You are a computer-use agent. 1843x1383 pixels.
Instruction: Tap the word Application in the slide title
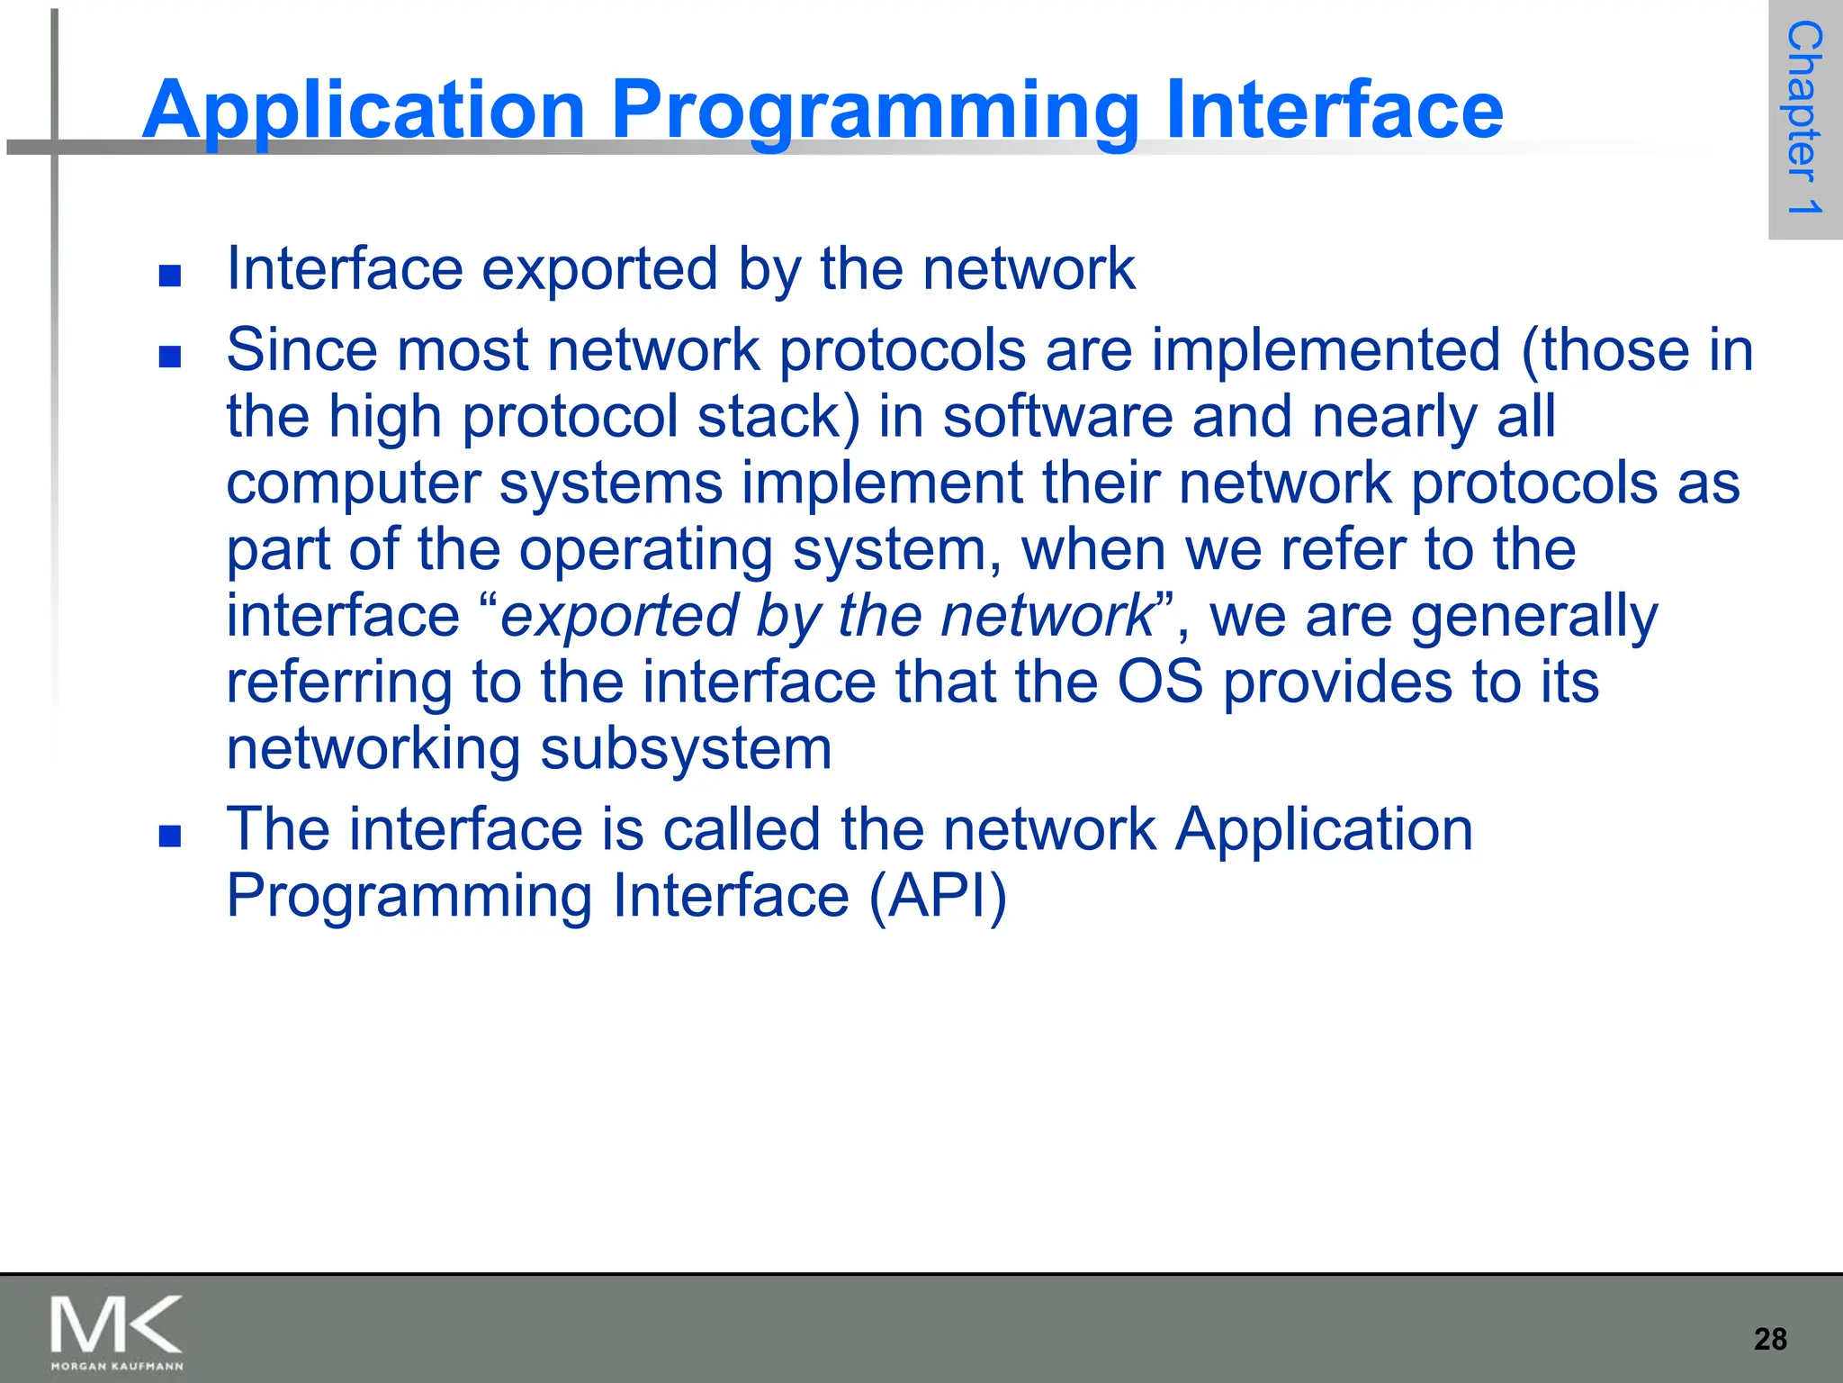364,112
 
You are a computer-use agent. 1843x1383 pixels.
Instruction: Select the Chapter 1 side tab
1804,119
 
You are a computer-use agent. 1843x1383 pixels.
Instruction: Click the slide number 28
1770,1339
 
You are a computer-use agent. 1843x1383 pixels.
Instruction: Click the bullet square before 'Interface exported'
170,276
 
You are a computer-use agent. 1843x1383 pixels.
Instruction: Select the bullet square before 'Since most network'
170,357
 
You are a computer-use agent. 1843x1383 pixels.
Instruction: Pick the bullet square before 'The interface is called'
170,836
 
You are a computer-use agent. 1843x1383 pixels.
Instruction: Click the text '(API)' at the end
937,896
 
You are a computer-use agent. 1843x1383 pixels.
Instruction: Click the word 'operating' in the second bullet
645,551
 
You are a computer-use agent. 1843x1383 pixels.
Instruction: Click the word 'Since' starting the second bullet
301,350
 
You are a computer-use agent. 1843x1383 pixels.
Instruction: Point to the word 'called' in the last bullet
741,829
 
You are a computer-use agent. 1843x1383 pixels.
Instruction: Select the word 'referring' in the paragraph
339,683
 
